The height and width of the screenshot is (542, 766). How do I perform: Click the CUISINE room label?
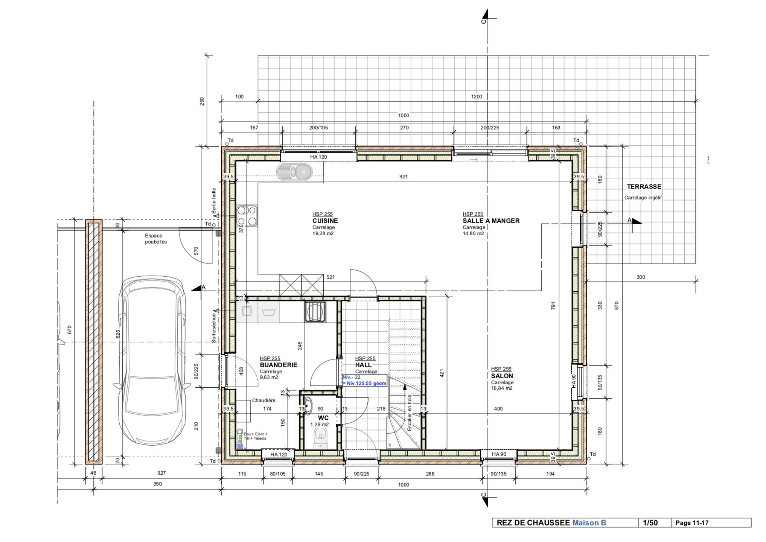coord(325,221)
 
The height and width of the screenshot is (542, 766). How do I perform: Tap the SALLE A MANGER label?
coord(491,221)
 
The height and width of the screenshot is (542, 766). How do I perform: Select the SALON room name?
coord(502,376)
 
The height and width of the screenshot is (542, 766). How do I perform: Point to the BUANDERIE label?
coord(279,365)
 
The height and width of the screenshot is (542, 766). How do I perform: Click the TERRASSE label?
coord(644,186)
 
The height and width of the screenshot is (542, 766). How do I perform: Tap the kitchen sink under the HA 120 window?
coord(294,172)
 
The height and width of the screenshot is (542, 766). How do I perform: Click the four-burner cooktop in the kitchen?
coord(247,216)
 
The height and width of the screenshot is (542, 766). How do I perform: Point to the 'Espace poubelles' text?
coord(155,239)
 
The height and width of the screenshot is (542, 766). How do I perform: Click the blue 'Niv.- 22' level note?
coord(351,377)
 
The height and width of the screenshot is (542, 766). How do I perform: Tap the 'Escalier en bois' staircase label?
coord(410,412)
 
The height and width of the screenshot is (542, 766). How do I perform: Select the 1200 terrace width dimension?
coord(476,97)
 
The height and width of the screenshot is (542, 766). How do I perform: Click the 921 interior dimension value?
coord(403,177)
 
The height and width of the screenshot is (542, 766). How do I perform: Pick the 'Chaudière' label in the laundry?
coord(263,400)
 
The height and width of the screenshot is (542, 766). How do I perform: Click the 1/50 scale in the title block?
coord(650,523)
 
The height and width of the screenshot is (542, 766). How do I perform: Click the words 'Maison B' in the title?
coord(589,523)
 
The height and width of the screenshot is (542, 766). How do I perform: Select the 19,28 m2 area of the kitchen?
coord(323,233)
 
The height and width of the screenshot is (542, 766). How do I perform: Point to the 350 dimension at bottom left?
coord(157,484)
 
